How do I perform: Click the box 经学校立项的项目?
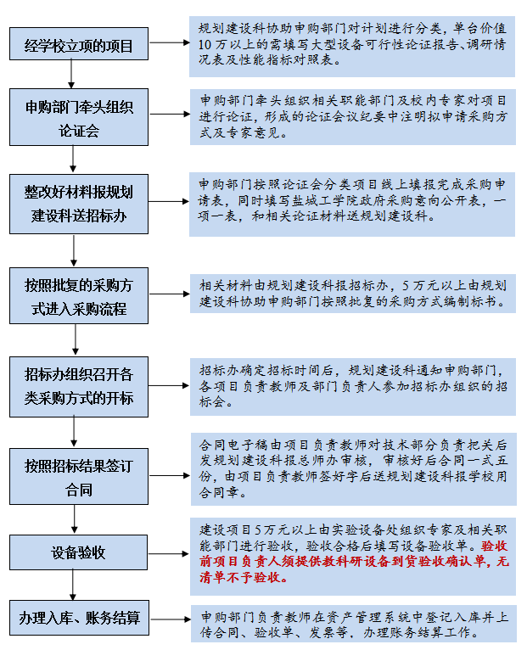pyautogui.click(x=79, y=44)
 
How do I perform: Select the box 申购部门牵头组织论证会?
pyautogui.click(x=79, y=117)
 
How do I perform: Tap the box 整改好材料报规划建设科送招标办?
pyautogui.click(x=79, y=204)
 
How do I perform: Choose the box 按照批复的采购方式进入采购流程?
pyautogui.click(x=79, y=295)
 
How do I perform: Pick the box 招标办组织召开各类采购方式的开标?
pyautogui.click(x=79, y=387)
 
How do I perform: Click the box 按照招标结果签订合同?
pyautogui.click(x=79, y=476)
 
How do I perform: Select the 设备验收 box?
pyautogui.click(x=78, y=552)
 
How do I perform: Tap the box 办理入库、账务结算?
pyautogui.click(x=79, y=618)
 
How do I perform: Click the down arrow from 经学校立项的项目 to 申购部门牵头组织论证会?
pyautogui.click(x=71, y=74)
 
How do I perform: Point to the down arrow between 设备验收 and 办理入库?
pyautogui.click(x=73, y=585)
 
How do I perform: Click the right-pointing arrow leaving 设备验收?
pyautogui.click(x=169, y=553)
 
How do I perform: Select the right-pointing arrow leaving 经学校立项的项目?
pyautogui.click(x=170, y=42)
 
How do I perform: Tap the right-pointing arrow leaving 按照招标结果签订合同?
pyautogui.click(x=170, y=475)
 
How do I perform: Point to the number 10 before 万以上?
pyautogui.click(x=205, y=44)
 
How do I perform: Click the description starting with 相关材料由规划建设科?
pyautogui.click(x=353, y=294)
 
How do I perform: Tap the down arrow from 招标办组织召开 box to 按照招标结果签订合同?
pyautogui.click(x=74, y=433)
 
